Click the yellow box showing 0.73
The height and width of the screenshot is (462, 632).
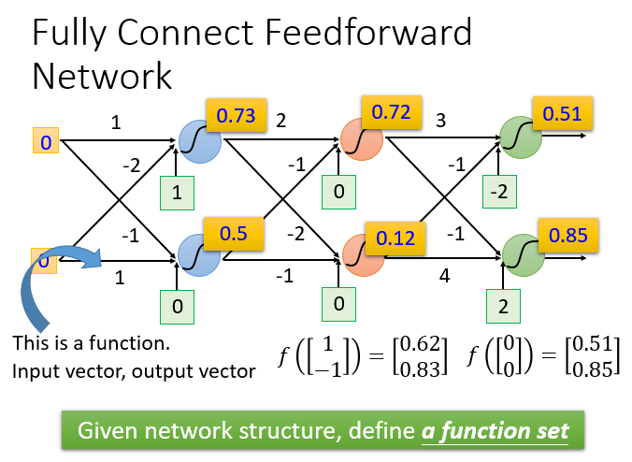tap(237, 115)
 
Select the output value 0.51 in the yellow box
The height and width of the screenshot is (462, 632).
tap(562, 113)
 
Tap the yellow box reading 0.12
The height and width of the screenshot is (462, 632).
tap(395, 238)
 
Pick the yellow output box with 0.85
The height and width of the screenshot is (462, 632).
tap(567, 235)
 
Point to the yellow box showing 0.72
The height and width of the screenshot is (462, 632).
tap(392, 112)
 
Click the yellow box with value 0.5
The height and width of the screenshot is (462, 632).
tap(234, 234)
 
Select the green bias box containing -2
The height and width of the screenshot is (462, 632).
tap(499, 192)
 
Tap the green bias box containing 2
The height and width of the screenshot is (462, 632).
tap(503, 307)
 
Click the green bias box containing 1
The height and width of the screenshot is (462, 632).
tap(177, 193)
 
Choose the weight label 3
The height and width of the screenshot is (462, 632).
tap(440, 120)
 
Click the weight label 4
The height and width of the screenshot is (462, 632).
tap(444, 276)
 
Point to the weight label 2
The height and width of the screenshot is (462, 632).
tap(280, 121)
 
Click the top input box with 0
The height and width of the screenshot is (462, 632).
tap(46, 140)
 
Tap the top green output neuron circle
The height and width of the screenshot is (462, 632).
tap(521, 137)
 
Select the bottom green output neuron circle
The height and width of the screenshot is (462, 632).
tap(524, 255)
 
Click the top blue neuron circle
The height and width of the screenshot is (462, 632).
tap(200, 141)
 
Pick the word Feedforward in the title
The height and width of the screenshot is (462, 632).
tap(368, 32)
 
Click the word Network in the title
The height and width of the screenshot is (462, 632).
tap(102, 76)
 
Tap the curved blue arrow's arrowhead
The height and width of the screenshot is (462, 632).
tap(92, 257)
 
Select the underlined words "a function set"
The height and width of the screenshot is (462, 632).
tap(495, 431)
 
